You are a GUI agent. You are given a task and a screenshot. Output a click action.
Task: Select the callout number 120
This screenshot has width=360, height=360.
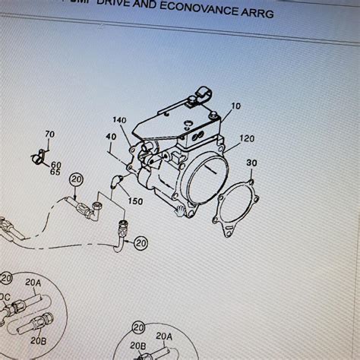coord(247,140)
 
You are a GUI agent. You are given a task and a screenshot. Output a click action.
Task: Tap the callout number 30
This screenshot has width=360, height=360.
coord(251,163)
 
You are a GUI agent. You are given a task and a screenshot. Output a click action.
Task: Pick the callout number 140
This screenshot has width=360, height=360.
coord(120,121)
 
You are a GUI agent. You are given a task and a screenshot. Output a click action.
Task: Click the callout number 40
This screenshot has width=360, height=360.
coord(112,137)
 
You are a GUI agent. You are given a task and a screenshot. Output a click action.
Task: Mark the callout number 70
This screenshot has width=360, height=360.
coord(50,135)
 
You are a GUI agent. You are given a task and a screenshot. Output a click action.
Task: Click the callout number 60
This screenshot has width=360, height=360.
coord(56,164)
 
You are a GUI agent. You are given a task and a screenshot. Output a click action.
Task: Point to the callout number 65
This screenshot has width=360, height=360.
coord(55,172)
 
